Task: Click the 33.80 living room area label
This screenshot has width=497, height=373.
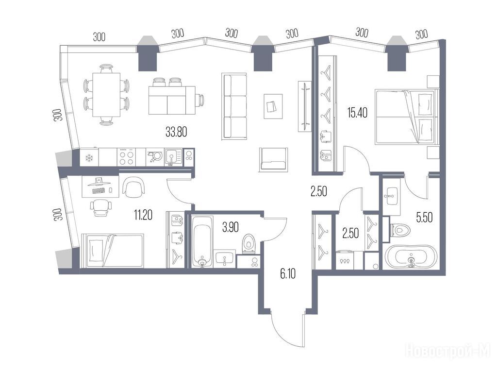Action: [176, 132]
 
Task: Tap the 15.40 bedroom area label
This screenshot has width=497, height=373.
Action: [357, 113]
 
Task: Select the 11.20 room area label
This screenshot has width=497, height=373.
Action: [143, 215]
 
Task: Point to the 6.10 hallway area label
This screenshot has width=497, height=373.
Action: [288, 273]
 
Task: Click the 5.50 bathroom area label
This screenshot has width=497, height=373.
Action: [424, 218]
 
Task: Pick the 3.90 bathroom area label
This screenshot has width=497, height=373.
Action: [231, 227]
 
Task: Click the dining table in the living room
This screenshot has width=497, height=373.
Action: [106, 95]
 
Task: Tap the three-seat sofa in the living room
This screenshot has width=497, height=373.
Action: [235, 106]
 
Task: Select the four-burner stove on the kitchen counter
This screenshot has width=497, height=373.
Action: [127, 157]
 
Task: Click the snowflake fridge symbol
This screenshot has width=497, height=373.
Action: [89, 157]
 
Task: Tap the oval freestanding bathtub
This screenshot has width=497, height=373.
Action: [411, 257]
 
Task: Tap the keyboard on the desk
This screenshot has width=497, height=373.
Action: [99, 190]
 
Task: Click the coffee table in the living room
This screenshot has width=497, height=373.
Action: [273, 106]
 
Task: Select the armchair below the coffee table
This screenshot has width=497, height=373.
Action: [273, 160]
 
